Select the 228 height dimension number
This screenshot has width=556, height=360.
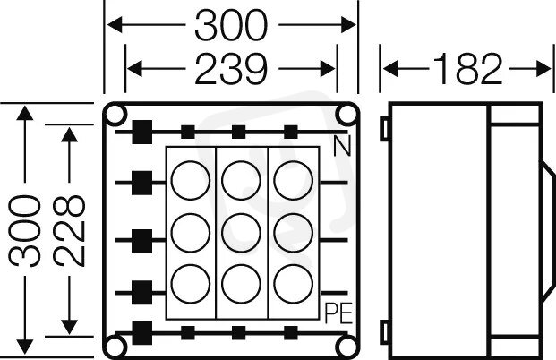click(x=69, y=230)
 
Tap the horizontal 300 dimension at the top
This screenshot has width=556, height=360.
click(x=231, y=28)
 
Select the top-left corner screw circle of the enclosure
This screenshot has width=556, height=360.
click(x=116, y=114)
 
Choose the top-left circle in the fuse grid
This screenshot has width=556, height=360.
click(x=189, y=178)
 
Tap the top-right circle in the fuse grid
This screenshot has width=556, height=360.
click(x=291, y=178)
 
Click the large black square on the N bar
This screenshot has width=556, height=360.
click(x=141, y=132)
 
